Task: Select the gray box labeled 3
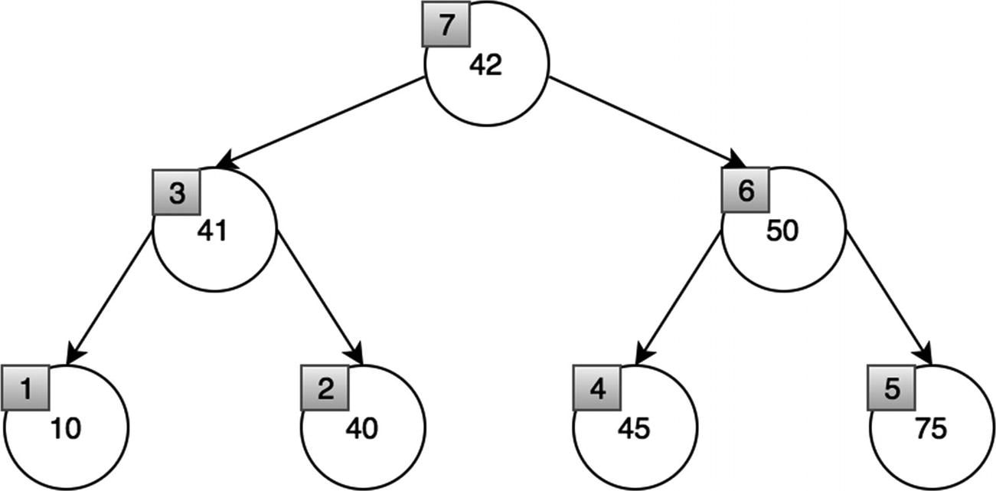pyautogui.click(x=176, y=192)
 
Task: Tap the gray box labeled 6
pyautogui.click(x=746, y=192)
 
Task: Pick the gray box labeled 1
pyautogui.click(x=26, y=389)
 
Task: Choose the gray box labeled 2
pyautogui.click(x=325, y=389)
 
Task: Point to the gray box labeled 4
pyautogui.click(x=597, y=389)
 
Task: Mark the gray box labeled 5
pyautogui.click(x=891, y=389)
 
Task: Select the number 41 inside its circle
pyautogui.click(x=213, y=232)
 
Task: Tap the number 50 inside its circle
pyautogui.click(x=782, y=232)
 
